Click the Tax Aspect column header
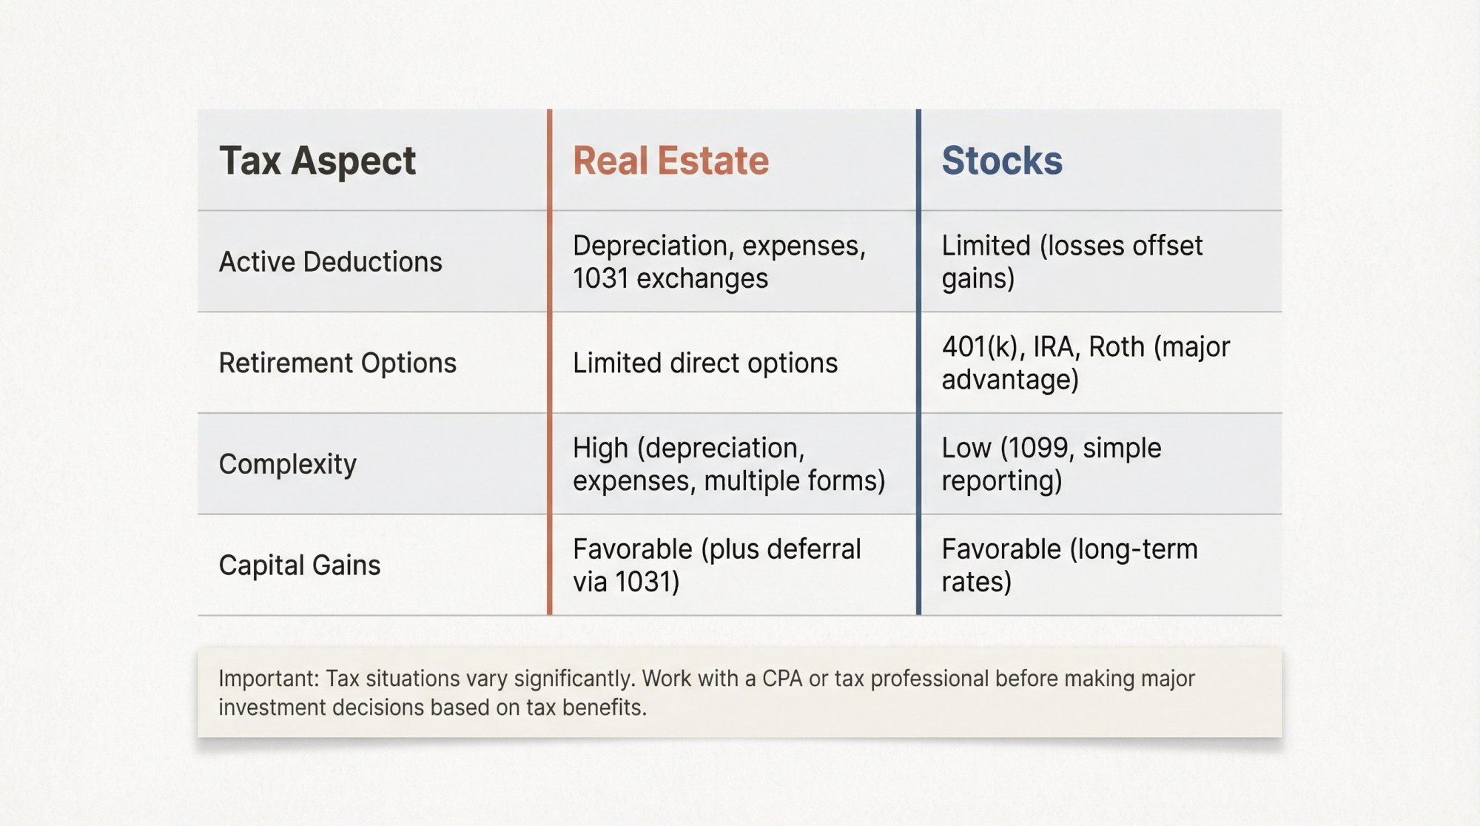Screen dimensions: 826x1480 click(x=317, y=161)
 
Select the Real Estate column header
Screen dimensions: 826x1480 click(x=670, y=161)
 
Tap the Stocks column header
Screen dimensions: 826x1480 click(x=1001, y=161)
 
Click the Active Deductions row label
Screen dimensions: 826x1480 click(x=330, y=262)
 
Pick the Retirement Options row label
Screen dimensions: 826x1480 click(x=337, y=363)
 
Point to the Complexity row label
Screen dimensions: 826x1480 click(x=287, y=464)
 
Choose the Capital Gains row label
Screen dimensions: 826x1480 click(x=299, y=565)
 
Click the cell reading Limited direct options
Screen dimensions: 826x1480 click(x=704, y=363)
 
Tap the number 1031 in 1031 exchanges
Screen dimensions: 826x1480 click(x=600, y=279)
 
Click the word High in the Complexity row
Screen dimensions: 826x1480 click(x=600, y=449)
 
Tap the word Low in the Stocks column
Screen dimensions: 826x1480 click(x=966, y=449)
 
